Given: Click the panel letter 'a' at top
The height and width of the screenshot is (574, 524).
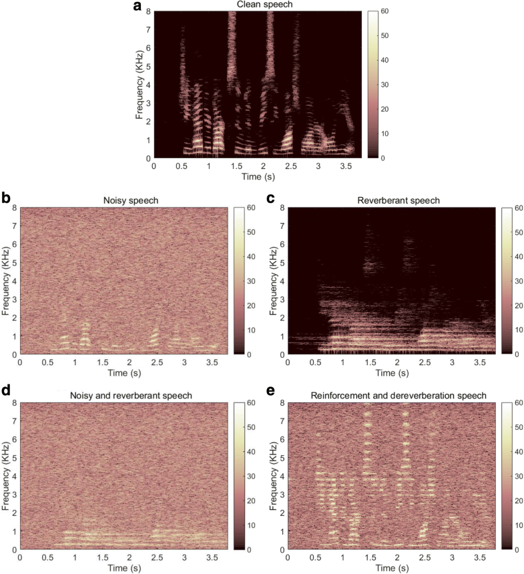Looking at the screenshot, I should coord(136,8).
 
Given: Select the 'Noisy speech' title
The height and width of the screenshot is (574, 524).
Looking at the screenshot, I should coord(124,200).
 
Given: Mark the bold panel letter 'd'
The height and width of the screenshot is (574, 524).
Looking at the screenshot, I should coord(5,394).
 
